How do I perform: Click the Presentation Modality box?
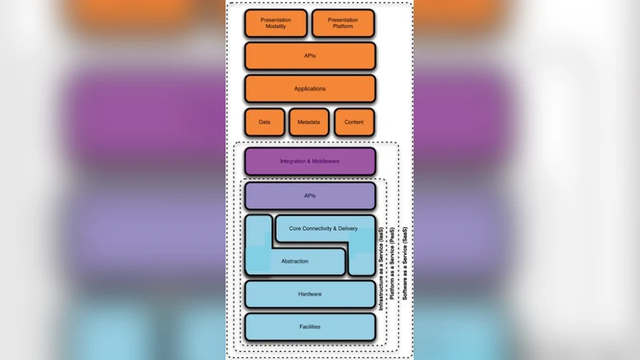(x=276, y=23)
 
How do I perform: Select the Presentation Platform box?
(x=342, y=23)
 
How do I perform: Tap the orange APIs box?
(x=310, y=56)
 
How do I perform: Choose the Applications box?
(x=310, y=89)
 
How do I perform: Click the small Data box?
(x=264, y=122)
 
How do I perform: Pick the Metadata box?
(x=309, y=122)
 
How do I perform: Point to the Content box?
(x=354, y=122)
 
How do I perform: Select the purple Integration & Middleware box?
(x=310, y=162)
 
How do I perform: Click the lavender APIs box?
(x=310, y=196)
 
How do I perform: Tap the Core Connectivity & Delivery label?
(x=323, y=229)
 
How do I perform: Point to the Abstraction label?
(x=294, y=261)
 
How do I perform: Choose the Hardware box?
(x=310, y=294)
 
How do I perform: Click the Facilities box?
(x=310, y=327)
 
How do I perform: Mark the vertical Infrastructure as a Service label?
(x=382, y=269)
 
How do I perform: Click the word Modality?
(x=276, y=27)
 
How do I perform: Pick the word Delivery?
(x=348, y=229)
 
